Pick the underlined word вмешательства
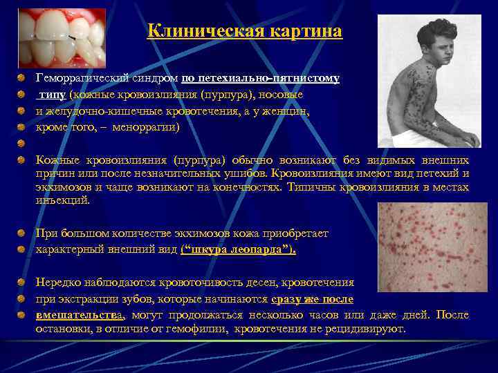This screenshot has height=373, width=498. point(80,315)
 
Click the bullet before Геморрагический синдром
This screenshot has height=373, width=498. point(22,79)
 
